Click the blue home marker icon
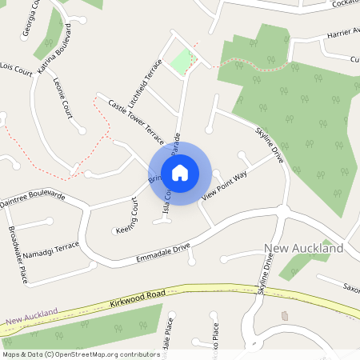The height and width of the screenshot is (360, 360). click(x=180, y=173)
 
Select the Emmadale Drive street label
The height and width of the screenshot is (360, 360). click(x=163, y=253)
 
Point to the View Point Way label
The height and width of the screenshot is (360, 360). click(x=225, y=184)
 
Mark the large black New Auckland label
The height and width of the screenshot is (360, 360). click(x=303, y=249)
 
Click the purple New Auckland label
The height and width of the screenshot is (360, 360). click(x=32, y=318)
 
